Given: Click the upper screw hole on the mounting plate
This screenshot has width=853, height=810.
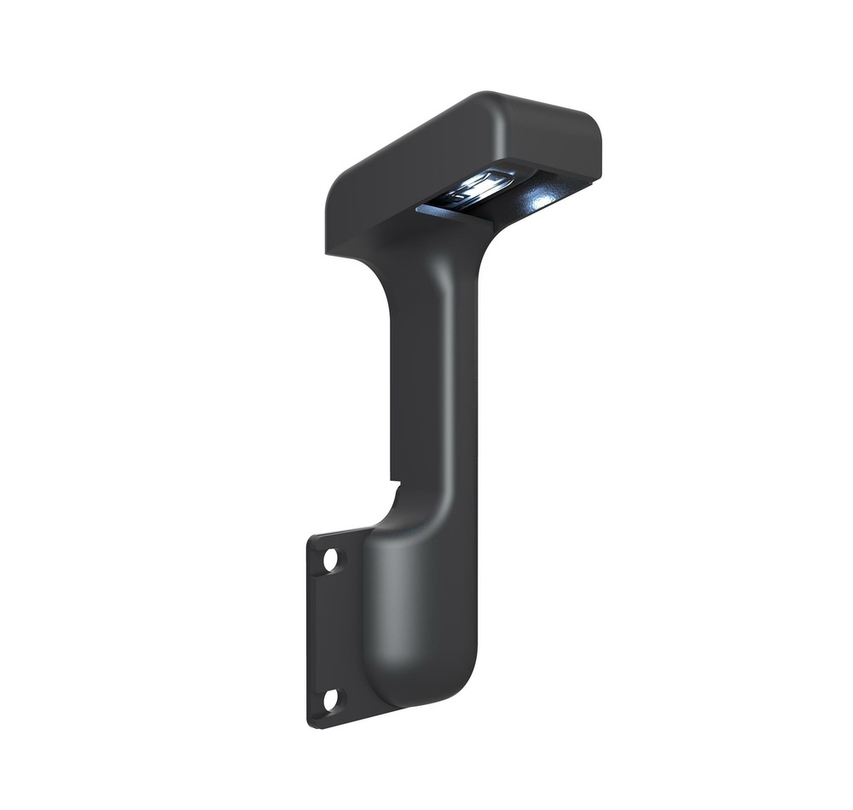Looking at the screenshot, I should click(330, 559).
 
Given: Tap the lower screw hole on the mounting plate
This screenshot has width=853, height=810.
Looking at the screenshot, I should click(330, 699).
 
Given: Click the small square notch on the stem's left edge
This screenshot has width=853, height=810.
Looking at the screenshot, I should click(394, 484).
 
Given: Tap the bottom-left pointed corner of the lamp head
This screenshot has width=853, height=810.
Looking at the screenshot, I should click(327, 252).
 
